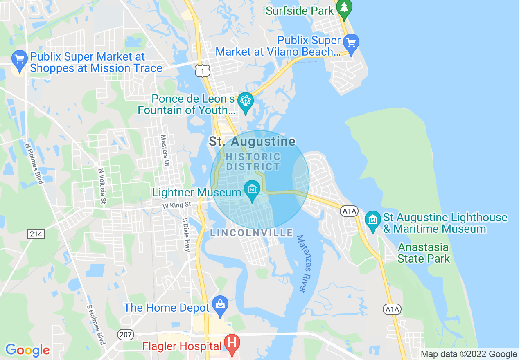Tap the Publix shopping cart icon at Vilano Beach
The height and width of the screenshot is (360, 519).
tap(351, 42)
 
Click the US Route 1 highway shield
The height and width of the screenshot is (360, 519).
tap(202, 71)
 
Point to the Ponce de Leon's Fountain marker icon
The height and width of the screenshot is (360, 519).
tap(246, 101)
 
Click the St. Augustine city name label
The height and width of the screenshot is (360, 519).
tap(252, 142)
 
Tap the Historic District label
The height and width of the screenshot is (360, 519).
tap(253, 162)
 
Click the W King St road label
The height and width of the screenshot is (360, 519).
tap(176, 204)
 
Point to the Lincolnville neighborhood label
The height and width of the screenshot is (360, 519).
tap(251, 233)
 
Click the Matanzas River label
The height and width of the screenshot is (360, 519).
tap(305, 263)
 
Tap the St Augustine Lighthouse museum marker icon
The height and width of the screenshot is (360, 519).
tap(372, 220)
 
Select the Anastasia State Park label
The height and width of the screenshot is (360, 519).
tap(423, 253)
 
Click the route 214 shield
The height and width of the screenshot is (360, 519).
tap(36, 234)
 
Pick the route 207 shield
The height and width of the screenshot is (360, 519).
tap(125, 334)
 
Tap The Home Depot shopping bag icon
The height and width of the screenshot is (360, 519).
tap(220, 305)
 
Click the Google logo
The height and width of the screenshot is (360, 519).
tap(27, 350)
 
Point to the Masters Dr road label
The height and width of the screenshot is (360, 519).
tap(165, 151)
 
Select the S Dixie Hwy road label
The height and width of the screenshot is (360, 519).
tap(186, 234)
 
